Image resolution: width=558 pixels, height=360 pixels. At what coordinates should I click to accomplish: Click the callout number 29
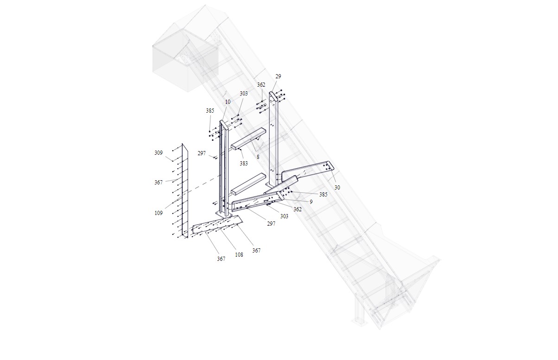point(278,76)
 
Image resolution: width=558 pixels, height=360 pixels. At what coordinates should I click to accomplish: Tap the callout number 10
point(228,101)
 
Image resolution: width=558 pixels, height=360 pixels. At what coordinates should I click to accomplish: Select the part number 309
point(159,152)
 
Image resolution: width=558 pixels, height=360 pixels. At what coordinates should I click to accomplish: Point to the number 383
point(244,163)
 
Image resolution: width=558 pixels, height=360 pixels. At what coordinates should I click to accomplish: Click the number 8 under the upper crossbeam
point(258,157)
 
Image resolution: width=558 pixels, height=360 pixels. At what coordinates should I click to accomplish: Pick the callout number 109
point(159,213)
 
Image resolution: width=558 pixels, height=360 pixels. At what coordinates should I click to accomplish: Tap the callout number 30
point(337,188)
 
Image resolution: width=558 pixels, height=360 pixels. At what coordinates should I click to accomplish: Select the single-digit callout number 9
point(311,202)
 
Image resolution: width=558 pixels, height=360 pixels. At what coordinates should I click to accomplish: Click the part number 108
point(239,254)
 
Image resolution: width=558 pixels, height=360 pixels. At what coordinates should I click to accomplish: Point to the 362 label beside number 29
point(261,85)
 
